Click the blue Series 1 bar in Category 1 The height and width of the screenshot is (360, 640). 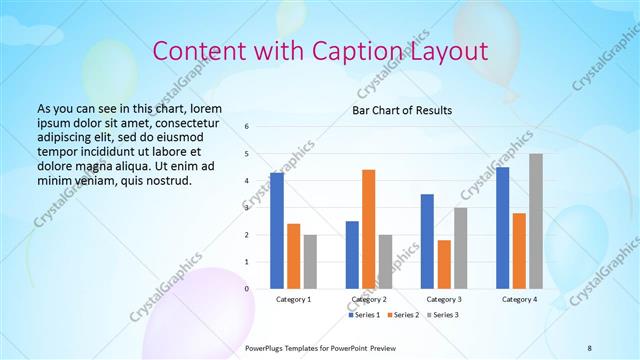point(277,231)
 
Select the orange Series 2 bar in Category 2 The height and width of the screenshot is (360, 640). point(368,229)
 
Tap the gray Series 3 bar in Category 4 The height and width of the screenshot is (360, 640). point(536,221)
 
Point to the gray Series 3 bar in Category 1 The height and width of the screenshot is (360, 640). point(310,262)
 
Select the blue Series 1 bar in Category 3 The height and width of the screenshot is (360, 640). point(427,241)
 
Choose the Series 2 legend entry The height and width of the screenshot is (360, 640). point(402,315)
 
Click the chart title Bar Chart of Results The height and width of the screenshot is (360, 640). point(402,110)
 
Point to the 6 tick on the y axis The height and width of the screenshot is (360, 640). point(247,127)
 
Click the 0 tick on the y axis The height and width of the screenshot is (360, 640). point(247,289)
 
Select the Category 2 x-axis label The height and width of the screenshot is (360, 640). point(368,299)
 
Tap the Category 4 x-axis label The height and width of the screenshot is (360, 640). point(519,299)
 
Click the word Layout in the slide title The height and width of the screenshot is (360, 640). point(449,51)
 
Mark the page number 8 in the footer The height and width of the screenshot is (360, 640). point(589,347)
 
